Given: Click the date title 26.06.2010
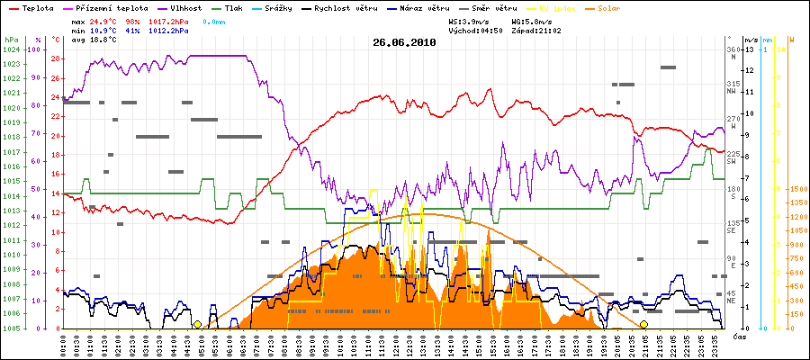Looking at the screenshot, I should pos(404,41).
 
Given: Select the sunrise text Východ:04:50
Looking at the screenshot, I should pos(473,30).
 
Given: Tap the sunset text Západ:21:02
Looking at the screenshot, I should pos(536,30).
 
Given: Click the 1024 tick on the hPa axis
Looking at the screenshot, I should pos(11,49).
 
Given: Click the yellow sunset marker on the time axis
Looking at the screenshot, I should pos(643,324).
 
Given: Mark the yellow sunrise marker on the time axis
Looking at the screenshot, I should pos(197,324).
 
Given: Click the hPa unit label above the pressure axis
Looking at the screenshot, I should pos(11,40).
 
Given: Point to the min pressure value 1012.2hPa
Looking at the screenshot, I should pos(170,30).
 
